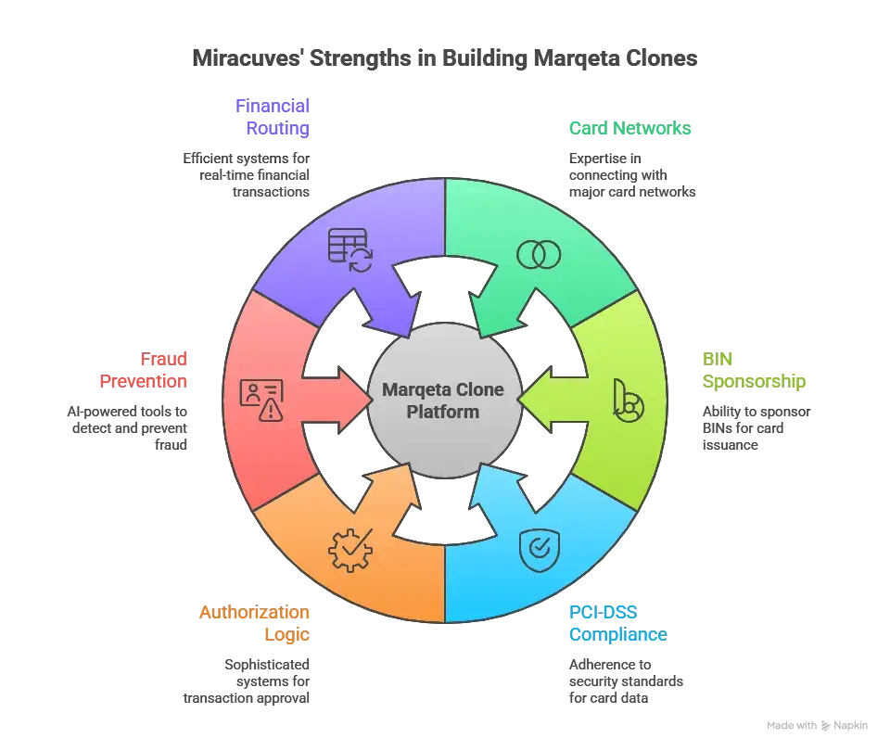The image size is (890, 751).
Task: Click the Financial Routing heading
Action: pyautogui.click(x=273, y=117)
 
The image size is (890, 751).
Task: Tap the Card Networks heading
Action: pyautogui.click(x=630, y=128)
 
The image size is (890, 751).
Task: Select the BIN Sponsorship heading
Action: pyautogui.click(x=754, y=370)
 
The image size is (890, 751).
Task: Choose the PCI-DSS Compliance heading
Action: pyautogui.click(x=618, y=623)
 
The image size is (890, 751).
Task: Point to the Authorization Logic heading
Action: pyautogui.click(x=254, y=623)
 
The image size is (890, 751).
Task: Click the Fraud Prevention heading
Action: pyautogui.click(x=144, y=370)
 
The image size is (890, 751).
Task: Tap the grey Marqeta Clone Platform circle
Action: pyautogui.click(x=443, y=401)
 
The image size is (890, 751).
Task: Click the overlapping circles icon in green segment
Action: pyautogui.click(x=539, y=254)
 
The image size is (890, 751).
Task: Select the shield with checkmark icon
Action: pyautogui.click(x=540, y=551)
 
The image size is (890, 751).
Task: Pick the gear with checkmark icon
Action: pyautogui.click(x=350, y=550)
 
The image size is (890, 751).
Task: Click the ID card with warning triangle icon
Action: pyautogui.click(x=261, y=401)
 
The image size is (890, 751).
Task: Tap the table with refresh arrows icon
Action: pyautogui.click(x=350, y=249)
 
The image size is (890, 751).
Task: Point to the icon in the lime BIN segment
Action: pyautogui.click(x=629, y=401)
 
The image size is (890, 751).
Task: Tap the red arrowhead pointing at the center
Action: pyautogui.click(x=354, y=401)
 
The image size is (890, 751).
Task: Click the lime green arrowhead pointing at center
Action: pyautogui.click(x=535, y=401)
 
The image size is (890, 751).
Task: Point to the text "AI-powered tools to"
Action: pyautogui.click(x=127, y=412)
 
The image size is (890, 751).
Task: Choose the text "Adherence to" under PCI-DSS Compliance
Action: pyautogui.click(x=610, y=665)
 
